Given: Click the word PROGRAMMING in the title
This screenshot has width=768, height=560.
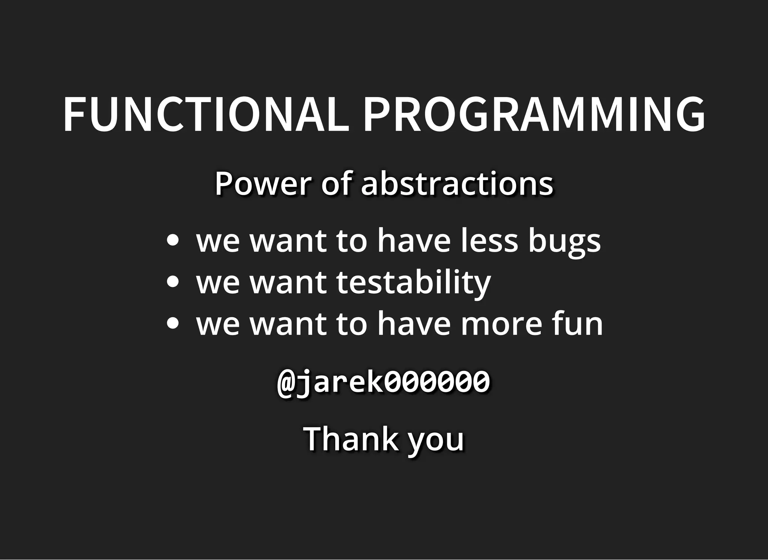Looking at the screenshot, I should coord(534,115).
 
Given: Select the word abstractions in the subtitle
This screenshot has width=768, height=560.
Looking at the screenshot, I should coord(457,184).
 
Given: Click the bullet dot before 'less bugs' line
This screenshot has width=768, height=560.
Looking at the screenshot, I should coord(172,240).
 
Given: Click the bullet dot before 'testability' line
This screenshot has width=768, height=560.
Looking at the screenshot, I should coord(172,282).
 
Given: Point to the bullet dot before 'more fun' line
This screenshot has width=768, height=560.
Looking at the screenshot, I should coord(172,323).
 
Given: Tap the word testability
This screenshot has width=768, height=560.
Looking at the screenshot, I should coord(413,282).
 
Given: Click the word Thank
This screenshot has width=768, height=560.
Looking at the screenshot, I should coord(351,439).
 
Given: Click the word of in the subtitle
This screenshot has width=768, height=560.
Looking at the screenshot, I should coord(337,184).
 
